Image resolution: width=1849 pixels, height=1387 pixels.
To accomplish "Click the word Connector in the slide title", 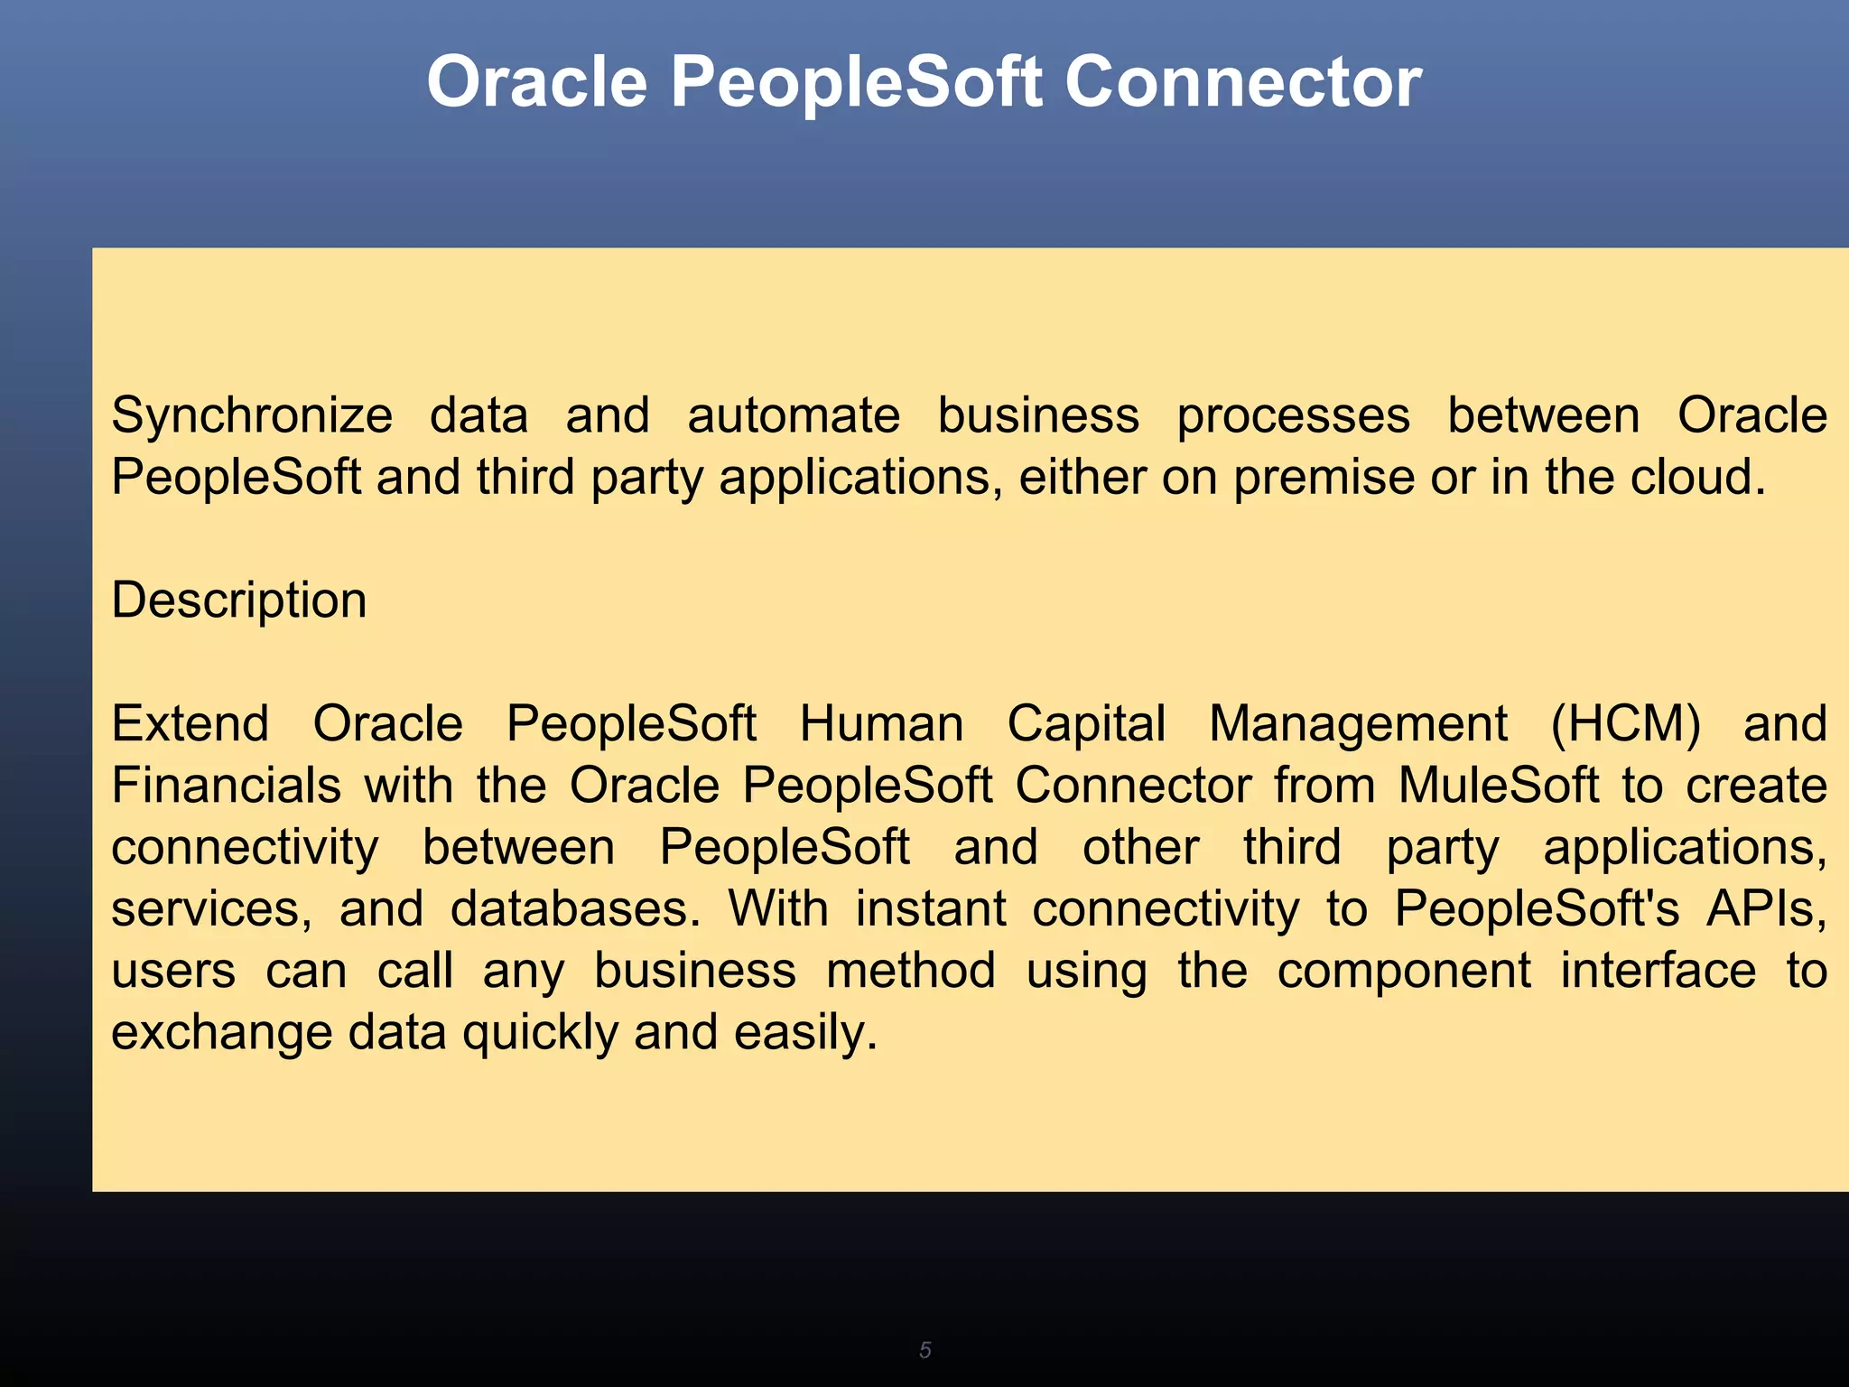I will [x=1242, y=83].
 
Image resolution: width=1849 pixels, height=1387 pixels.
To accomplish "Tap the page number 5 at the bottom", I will [x=924, y=1350].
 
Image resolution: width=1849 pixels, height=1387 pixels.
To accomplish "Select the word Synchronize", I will [x=252, y=417].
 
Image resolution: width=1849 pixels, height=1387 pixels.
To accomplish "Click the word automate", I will [x=794, y=417].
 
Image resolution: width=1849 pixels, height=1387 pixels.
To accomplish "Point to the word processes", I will [x=1293, y=417].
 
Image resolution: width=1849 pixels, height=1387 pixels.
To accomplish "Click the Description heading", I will [x=239, y=600].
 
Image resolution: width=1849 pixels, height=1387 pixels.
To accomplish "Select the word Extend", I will [x=190, y=724].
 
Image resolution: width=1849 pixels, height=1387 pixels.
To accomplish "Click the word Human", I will [x=881, y=724].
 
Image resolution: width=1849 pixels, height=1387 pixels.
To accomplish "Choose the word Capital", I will [x=1086, y=724].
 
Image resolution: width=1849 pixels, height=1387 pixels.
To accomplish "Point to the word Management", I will [x=1358, y=724].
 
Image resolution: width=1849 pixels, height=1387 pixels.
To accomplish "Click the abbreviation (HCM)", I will [x=1625, y=724].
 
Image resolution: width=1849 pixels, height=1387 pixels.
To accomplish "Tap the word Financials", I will [x=226, y=786].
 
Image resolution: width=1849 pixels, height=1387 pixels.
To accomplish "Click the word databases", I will [x=575, y=909].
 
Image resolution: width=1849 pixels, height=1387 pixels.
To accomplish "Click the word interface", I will [x=1659, y=971].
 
